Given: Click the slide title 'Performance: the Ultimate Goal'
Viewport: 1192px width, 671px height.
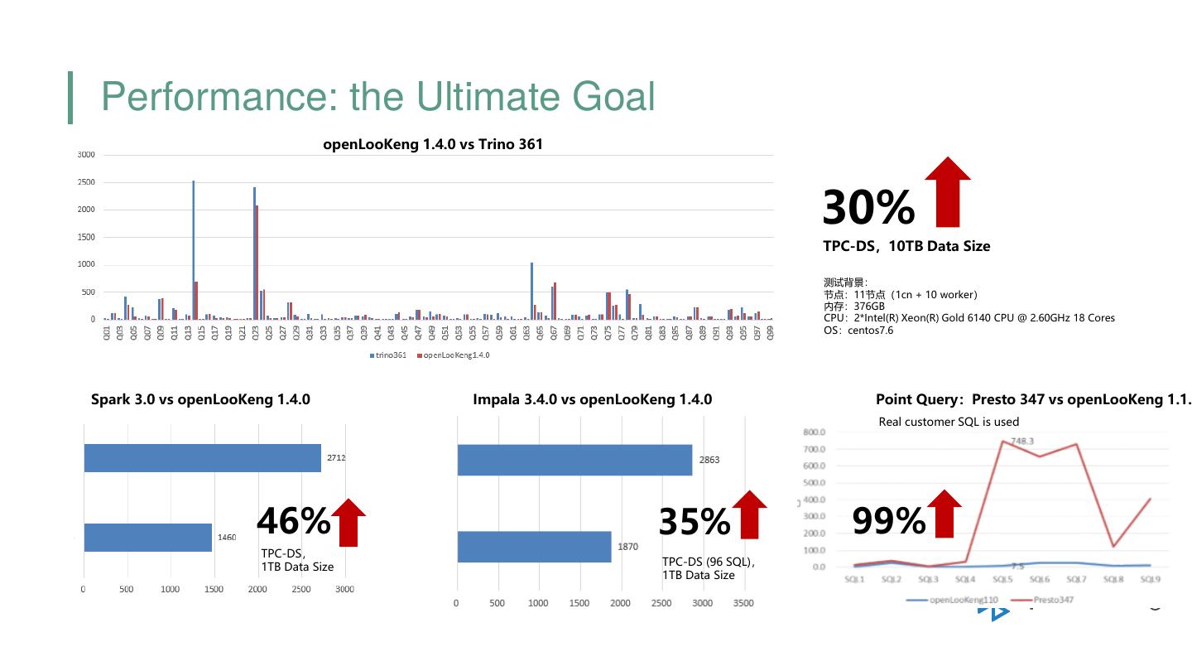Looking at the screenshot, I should click(x=377, y=97).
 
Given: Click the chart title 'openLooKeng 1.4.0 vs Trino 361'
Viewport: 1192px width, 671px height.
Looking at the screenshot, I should click(x=433, y=144).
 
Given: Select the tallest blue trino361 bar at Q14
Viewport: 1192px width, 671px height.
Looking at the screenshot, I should click(x=194, y=249).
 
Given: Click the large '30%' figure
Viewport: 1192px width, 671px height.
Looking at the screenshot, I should click(x=868, y=207).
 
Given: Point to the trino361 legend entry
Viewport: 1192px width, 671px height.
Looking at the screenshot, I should click(x=389, y=355).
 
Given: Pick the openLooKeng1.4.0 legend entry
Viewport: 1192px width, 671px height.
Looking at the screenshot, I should click(x=454, y=355).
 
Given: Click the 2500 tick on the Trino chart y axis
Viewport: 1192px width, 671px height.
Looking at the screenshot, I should click(x=86, y=182).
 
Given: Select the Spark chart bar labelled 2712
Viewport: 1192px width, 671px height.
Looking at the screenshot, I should click(x=202, y=458).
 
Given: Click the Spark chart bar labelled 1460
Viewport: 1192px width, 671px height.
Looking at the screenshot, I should click(x=147, y=537).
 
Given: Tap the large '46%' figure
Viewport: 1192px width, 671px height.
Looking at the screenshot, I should click(x=293, y=522).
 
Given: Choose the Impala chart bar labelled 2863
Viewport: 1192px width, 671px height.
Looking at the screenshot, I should click(x=574, y=460).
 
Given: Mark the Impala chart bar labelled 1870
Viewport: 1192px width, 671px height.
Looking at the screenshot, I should click(x=534, y=547).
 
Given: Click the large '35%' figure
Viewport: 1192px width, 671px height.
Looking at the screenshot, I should click(x=695, y=522).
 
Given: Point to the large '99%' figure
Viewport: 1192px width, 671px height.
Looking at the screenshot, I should click(x=889, y=522).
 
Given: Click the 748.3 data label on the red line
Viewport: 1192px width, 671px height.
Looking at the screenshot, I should click(x=1022, y=442).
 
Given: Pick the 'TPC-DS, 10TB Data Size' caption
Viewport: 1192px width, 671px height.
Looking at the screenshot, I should click(x=906, y=246).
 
